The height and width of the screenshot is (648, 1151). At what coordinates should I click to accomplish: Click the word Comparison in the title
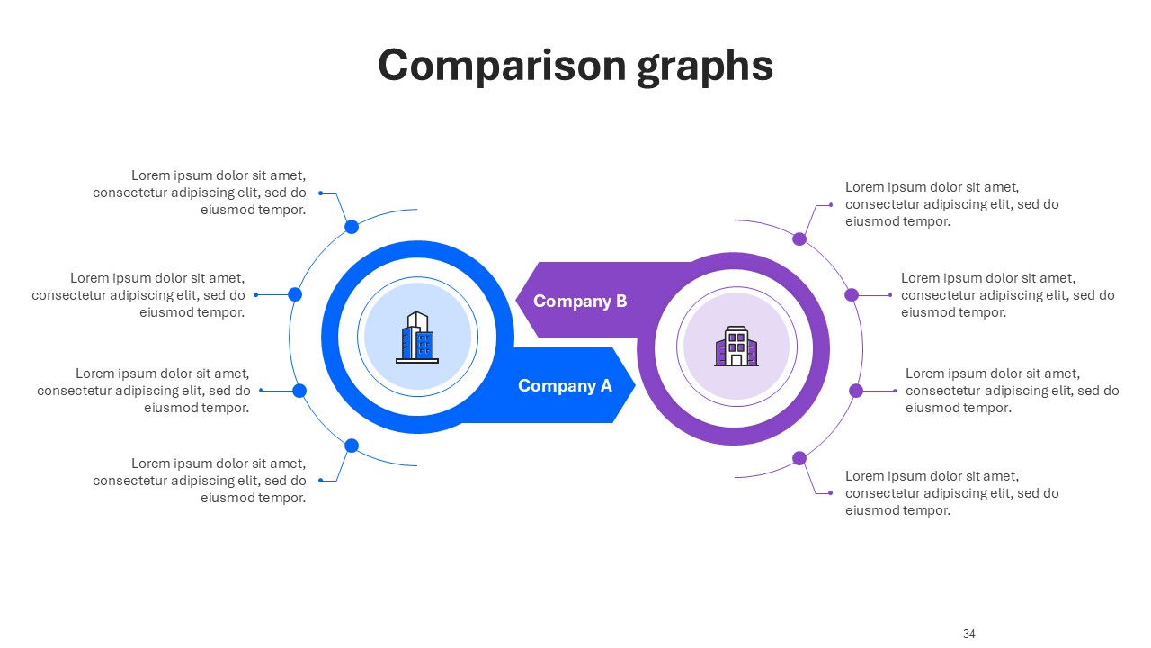(502, 66)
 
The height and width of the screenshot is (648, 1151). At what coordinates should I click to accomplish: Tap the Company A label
(565, 385)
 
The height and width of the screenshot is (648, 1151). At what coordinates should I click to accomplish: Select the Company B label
(580, 301)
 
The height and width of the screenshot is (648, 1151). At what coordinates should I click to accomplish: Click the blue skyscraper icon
(417, 337)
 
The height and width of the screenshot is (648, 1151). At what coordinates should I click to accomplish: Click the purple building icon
(736, 346)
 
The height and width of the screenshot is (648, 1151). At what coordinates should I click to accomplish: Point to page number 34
(969, 634)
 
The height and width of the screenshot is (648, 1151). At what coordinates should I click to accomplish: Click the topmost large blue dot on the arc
(352, 227)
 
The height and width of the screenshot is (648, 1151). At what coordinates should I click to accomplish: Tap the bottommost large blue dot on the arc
(352, 445)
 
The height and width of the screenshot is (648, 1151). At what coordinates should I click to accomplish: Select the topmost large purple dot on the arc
(799, 238)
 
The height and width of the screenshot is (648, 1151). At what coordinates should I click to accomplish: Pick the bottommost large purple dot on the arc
(799, 458)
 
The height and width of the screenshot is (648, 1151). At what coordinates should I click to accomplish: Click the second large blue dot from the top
(295, 294)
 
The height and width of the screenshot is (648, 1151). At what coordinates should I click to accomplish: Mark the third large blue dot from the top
(299, 391)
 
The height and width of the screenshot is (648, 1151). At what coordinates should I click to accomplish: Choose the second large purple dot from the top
(852, 294)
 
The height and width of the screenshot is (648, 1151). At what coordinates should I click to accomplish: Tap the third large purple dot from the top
(856, 391)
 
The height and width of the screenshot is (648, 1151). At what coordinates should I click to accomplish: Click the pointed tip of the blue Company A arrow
(635, 385)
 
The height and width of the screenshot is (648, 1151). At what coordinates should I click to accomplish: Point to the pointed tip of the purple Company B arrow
(516, 301)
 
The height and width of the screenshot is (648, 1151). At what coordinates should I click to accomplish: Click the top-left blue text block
(200, 193)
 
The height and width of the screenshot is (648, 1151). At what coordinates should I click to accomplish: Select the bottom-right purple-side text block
(952, 492)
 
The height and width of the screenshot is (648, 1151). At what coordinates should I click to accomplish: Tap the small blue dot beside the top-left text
(321, 193)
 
